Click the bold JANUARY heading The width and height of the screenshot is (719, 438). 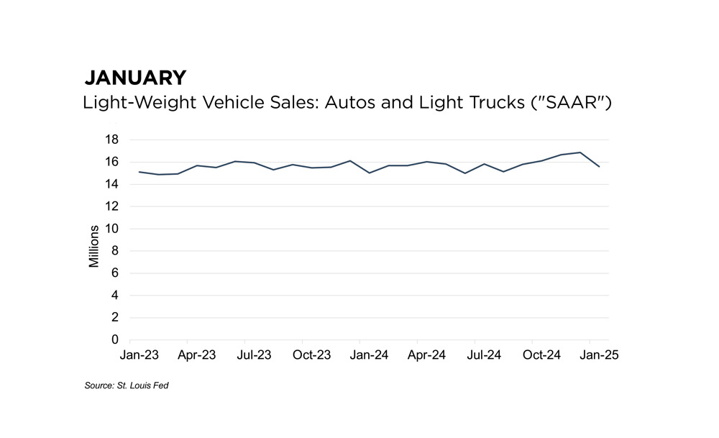coord(135,78)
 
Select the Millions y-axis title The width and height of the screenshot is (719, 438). coord(94,246)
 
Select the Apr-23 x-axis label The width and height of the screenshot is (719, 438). coord(197,355)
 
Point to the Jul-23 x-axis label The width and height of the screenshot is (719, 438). coord(254,355)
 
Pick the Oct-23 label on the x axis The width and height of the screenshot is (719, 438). coord(312,355)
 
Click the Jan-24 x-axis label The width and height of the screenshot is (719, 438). coord(370,355)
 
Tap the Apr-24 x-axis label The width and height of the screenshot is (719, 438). coord(427,355)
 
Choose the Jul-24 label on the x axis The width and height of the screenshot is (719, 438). coord(484,355)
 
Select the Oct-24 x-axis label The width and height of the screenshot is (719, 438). coord(542,355)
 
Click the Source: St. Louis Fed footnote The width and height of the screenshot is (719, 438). coord(126,386)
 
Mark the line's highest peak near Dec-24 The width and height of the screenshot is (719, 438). coord(580,152)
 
